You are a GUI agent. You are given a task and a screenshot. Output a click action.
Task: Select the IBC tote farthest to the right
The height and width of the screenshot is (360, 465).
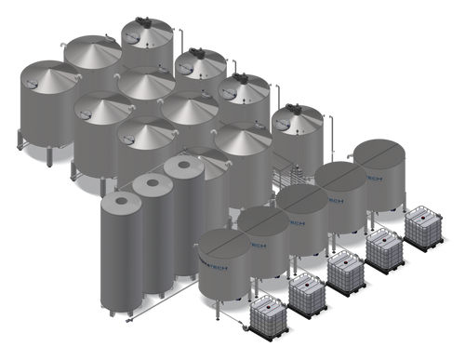pyautogui.click(x=423, y=222)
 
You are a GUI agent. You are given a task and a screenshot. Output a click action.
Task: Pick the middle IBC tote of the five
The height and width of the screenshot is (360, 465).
pyautogui.click(x=346, y=270)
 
